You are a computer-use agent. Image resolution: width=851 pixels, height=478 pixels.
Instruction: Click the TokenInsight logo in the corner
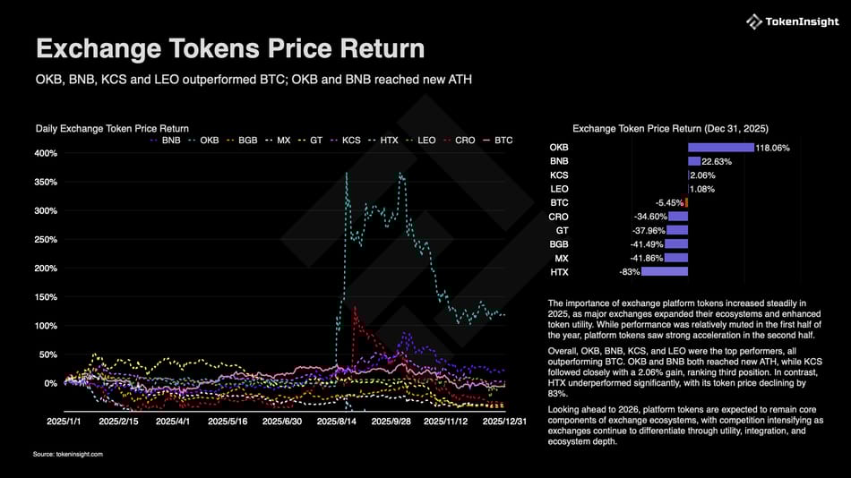786,21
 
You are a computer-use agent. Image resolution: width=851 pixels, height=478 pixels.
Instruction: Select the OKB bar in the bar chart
720,148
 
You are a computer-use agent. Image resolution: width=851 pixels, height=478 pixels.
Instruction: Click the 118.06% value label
772,148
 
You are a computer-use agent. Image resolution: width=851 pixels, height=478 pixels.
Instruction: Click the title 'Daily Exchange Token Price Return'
112,129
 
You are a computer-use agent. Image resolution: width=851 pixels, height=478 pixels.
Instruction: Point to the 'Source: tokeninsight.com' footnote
68,455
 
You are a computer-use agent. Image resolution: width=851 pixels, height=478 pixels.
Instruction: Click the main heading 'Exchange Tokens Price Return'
229,48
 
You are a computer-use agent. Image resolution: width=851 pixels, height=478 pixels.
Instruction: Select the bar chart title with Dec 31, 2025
669,128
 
